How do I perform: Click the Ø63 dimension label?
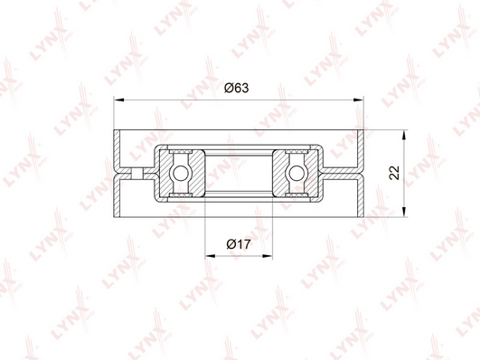(x=236, y=88)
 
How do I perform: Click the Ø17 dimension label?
(x=239, y=244)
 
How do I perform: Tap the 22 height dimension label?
(x=395, y=173)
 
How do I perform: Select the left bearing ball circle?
(x=180, y=174)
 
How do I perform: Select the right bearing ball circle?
(x=296, y=174)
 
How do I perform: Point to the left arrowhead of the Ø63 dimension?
(x=118, y=99)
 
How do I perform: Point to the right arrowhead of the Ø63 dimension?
(x=359, y=99)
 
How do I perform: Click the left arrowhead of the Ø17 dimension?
(x=210, y=255)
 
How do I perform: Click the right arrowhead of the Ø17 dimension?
(x=268, y=255)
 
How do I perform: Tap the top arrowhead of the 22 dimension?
(x=404, y=135)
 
